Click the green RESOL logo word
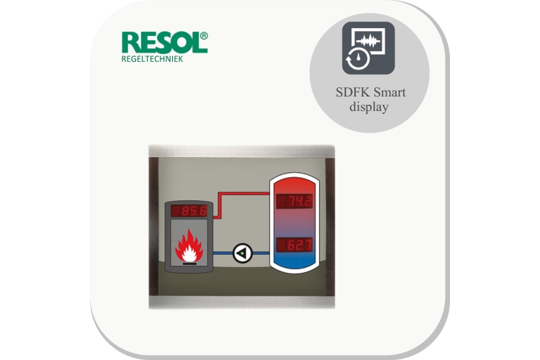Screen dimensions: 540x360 coord(161,42)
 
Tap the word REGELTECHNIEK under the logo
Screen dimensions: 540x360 coord(152,59)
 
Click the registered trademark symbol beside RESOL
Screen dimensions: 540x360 coord(204,36)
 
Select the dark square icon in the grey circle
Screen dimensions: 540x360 coord(368,48)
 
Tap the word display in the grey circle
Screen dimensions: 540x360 coord(369,107)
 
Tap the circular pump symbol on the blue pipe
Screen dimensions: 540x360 coord(243,253)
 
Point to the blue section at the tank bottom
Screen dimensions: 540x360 coord(294,261)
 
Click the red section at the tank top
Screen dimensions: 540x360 coord(294,185)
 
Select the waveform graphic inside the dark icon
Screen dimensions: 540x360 coord(368,41)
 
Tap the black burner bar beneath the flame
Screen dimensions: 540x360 coord(189,264)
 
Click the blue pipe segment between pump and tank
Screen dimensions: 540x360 coord(261,253)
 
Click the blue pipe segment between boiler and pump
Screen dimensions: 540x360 coord(222,253)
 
